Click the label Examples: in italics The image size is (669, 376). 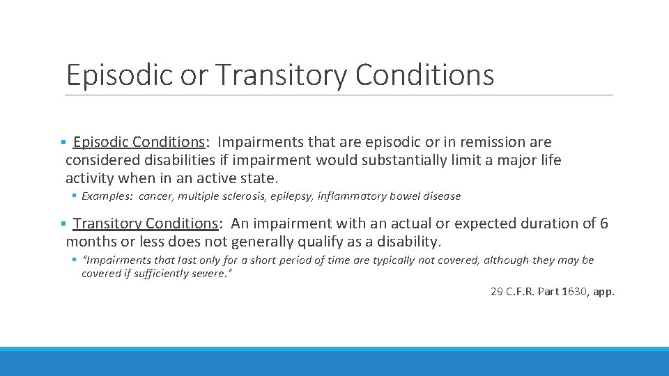pyautogui.click(x=108, y=196)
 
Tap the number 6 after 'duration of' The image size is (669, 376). pyautogui.click(x=603, y=224)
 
